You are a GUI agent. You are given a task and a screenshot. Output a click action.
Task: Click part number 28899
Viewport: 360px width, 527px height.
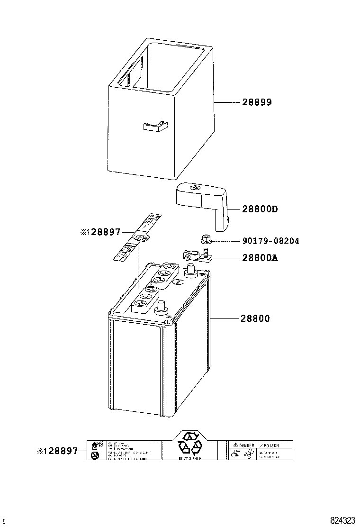[257, 102]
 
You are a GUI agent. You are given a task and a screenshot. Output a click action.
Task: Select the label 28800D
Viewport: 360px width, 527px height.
[260, 209]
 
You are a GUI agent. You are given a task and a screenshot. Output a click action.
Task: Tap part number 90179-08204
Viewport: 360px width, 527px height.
[270, 241]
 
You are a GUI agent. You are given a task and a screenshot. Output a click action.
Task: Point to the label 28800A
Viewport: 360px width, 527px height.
[260, 258]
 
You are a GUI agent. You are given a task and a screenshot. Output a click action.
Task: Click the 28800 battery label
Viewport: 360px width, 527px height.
[256, 318]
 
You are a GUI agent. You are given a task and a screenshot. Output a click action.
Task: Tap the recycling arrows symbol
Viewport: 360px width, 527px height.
[189, 445]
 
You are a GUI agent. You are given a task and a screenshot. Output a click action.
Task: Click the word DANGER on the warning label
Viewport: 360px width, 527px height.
[246, 445]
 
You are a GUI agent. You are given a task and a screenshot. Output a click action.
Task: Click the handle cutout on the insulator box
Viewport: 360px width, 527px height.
[155, 126]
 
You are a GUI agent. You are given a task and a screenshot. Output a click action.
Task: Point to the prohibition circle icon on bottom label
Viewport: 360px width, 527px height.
[95, 455]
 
